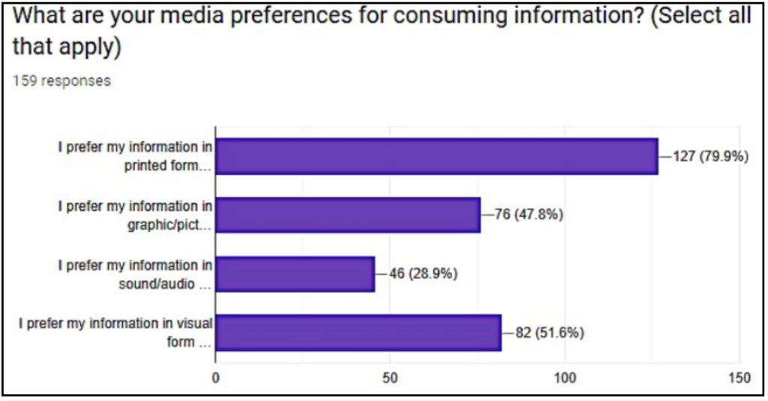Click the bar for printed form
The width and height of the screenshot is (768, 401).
point(436,156)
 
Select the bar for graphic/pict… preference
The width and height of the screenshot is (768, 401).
point(348,215)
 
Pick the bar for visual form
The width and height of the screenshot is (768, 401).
point(358,333)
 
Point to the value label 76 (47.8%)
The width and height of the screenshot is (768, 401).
point(528,216)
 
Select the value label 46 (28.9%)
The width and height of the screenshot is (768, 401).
point(423,274)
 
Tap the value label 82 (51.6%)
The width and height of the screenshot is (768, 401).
point(549,333)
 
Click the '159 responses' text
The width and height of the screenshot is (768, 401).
point(61,81)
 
